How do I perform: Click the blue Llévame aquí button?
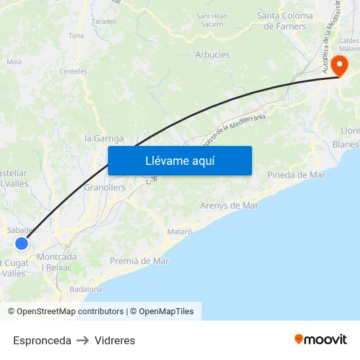click(180, 160)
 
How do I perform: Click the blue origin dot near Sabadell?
click(22, 243)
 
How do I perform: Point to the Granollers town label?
click(105, 187)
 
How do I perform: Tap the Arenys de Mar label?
click(229, 206)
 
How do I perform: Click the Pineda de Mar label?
click(297, 175)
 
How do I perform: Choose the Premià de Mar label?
click(139, 261)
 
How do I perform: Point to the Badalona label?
click(86, 289)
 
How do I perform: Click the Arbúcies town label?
click(213, 55)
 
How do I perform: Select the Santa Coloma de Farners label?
click(285, 21)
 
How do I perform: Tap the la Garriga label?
click(104, 139)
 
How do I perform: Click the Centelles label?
click(73, 71)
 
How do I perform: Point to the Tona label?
click(76, 36)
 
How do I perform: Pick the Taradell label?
click(104, 21)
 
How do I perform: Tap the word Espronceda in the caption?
click(42, 340)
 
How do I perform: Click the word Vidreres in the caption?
click(115, 340)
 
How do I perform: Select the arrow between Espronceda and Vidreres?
click(82, 340)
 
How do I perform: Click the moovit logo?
click(321, 339)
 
